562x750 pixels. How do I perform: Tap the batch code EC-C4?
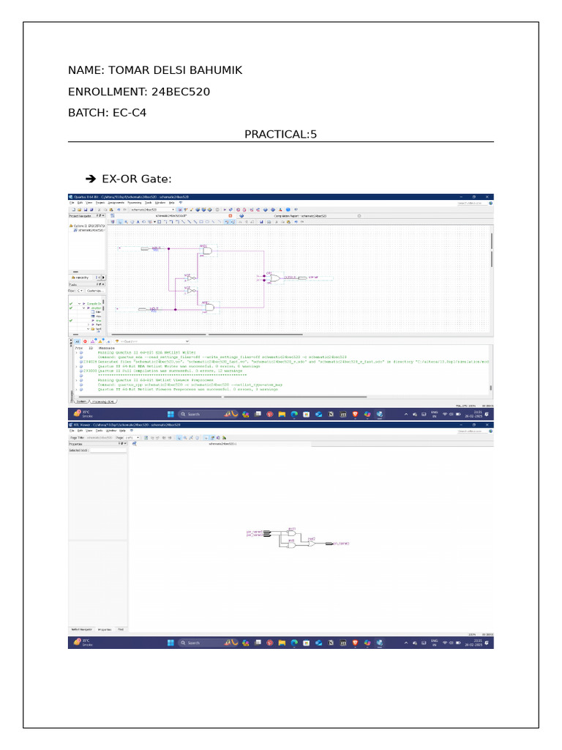131,113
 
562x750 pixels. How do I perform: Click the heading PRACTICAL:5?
280,134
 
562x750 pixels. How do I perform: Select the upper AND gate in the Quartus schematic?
208,250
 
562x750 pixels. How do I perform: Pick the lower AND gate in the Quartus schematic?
208,308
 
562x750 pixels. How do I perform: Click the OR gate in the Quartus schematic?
273,278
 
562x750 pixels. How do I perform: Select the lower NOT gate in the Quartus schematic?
190,291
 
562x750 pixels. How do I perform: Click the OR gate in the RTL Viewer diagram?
311,543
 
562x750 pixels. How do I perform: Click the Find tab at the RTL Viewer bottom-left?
121,629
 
